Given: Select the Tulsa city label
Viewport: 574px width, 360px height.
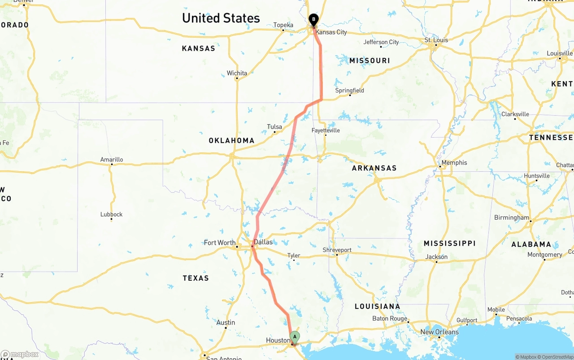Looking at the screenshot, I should pyautogui.click(x=274, y=127).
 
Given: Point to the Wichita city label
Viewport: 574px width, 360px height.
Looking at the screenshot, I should pyautogui.click(x=237, y=73).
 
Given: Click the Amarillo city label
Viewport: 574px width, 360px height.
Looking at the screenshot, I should pyautogui.click(x=112, y=160).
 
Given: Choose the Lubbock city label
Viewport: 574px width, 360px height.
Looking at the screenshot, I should pyautogui.click(x=111, y=214).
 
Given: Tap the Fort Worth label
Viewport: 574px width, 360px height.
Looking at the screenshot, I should pyautogui.click(x=220, y=243).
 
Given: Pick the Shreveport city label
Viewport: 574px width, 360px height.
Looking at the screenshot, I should pyautogui.click(x=337, y=250).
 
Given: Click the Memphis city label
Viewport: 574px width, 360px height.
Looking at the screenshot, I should pyautogui.click(x=454, y=163).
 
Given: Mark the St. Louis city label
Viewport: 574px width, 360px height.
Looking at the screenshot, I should pyautogui.click(x=436, y=40).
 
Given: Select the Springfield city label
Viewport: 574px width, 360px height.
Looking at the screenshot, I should pyautogui.click(x=350, y=91).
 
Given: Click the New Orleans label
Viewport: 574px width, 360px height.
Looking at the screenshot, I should pyautogui.click(x=439, y=332).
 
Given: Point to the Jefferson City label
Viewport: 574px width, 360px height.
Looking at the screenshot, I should pyautogui.click(x=381, y=42).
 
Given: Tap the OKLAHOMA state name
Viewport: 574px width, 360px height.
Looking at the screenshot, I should pyautogui.click(x=231, y=141).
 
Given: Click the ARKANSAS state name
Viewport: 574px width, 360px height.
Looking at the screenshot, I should pyautogui.click(x=374, y=168).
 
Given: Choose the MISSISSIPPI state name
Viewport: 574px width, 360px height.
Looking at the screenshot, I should pyautogui.click(x=449, y=243).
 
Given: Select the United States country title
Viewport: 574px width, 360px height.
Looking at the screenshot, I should pyautogui.click(x=221, y=18).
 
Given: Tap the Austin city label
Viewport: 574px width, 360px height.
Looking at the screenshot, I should pyautogui.click(x=226, y=323).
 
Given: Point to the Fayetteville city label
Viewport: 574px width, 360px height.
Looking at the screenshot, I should pyautogui.click(x=326, y=130).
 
